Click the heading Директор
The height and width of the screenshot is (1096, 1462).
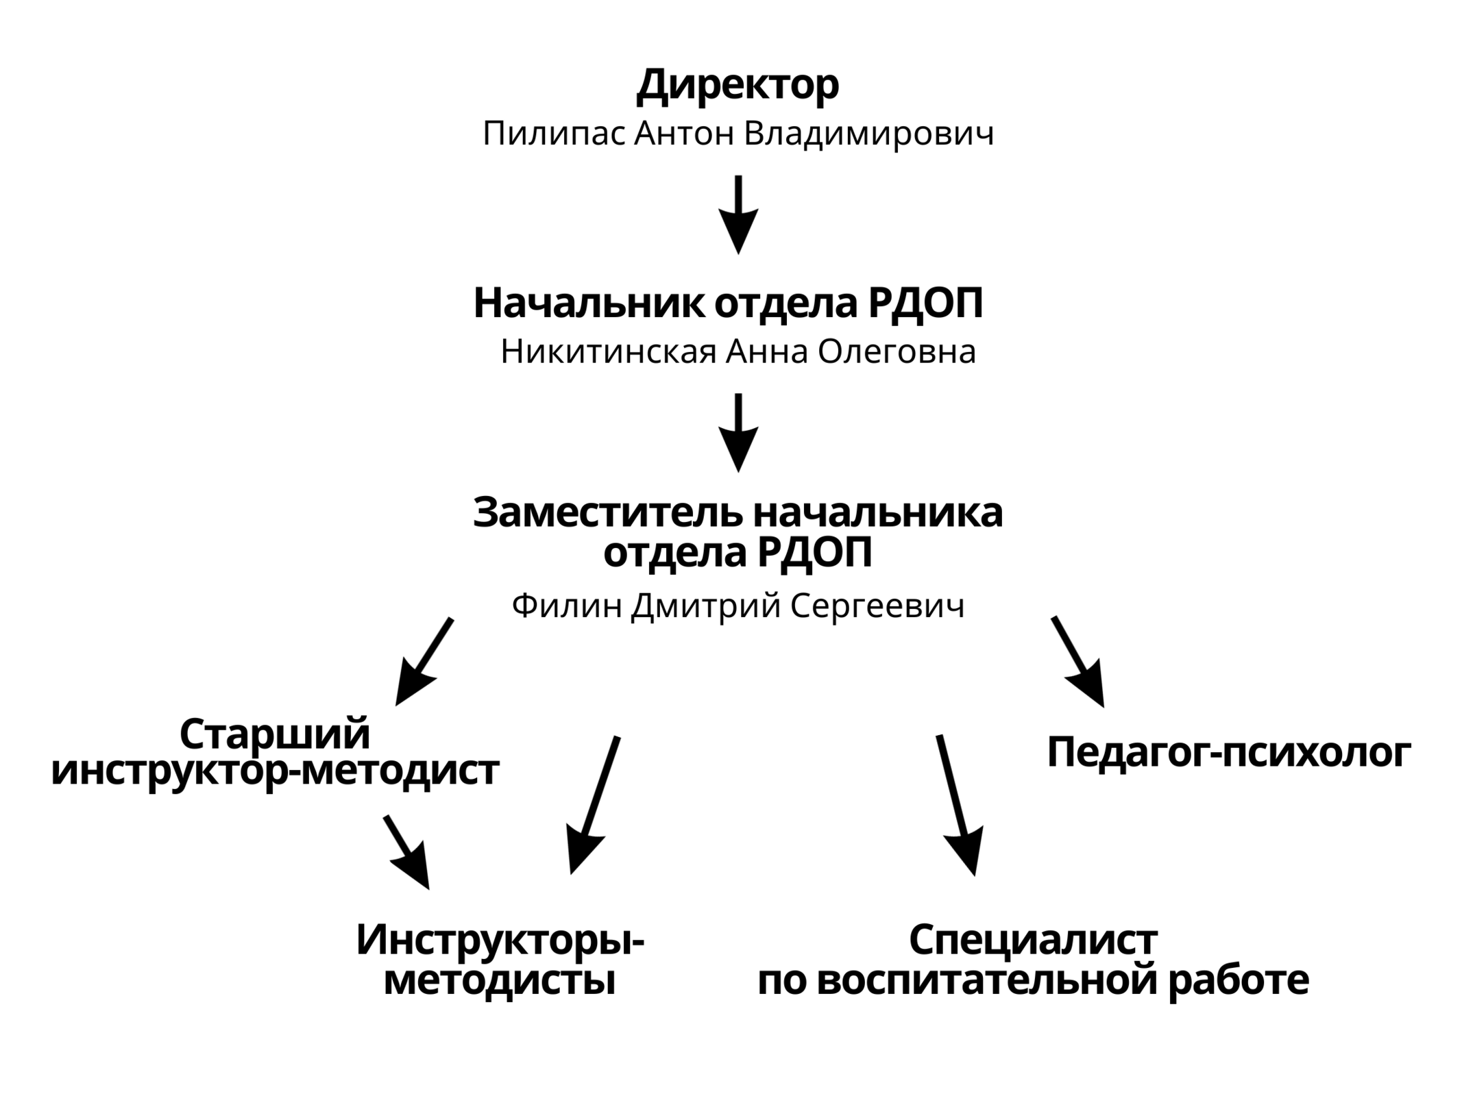click(x=738, y=86)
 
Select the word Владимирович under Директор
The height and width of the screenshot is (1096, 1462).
click(x=868, y=134)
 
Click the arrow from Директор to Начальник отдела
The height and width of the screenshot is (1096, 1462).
click(x=738, y=215)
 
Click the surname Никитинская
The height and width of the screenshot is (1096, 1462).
click(x=609, y=352)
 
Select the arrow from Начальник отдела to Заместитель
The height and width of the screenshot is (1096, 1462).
click(x=738, y=433)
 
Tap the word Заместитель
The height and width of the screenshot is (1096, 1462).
click(x=608, y=512)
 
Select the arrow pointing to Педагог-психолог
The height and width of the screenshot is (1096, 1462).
click(x=1078, y=662)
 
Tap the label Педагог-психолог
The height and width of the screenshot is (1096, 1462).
click(x=1229, y=752)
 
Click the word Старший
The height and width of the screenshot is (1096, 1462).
click(x=275, y=734)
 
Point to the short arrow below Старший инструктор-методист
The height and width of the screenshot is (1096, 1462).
click(x=407, y=852)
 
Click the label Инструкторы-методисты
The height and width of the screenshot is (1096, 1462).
click(x=500, y=960)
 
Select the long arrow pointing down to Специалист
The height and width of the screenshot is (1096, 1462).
click(x=957, y=806)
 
